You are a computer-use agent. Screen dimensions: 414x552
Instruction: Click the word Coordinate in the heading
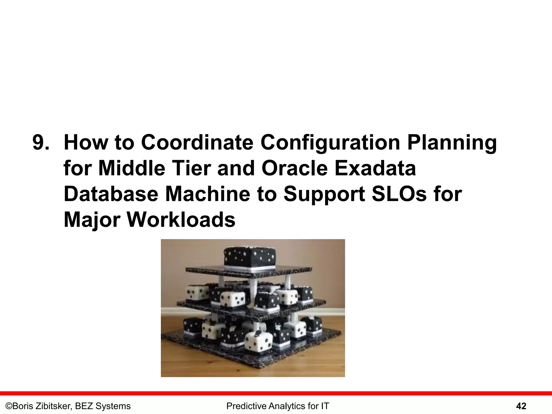197,143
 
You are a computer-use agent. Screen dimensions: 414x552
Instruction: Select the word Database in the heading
111,195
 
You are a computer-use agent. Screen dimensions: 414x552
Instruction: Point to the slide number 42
521,406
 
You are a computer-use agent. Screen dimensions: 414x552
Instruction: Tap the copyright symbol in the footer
9,406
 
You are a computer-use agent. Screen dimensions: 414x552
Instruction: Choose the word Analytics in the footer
285,406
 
